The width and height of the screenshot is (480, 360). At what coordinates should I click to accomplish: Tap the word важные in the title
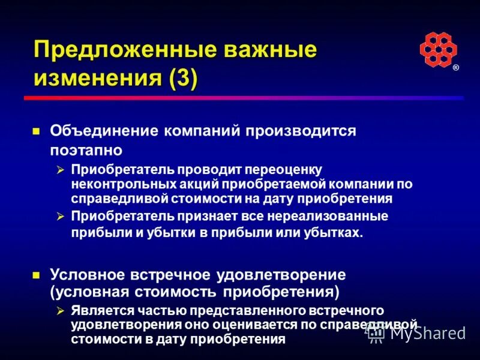[x=263, y=49]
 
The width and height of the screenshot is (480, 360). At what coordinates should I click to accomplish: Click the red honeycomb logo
[x=438, y=49]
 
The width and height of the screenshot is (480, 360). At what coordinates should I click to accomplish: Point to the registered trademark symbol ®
[x=456, y=68]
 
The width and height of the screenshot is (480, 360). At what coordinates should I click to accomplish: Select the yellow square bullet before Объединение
[x=36, y=131]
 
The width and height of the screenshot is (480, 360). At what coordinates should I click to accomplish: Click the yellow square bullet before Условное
[x=36, y=276]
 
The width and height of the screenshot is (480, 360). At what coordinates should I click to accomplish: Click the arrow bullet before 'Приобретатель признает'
[x=60, y=216]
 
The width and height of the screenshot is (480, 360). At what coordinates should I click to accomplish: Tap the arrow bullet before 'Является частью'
[x=60, y=311]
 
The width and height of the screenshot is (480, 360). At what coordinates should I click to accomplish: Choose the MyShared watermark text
[x=427, y=333]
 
